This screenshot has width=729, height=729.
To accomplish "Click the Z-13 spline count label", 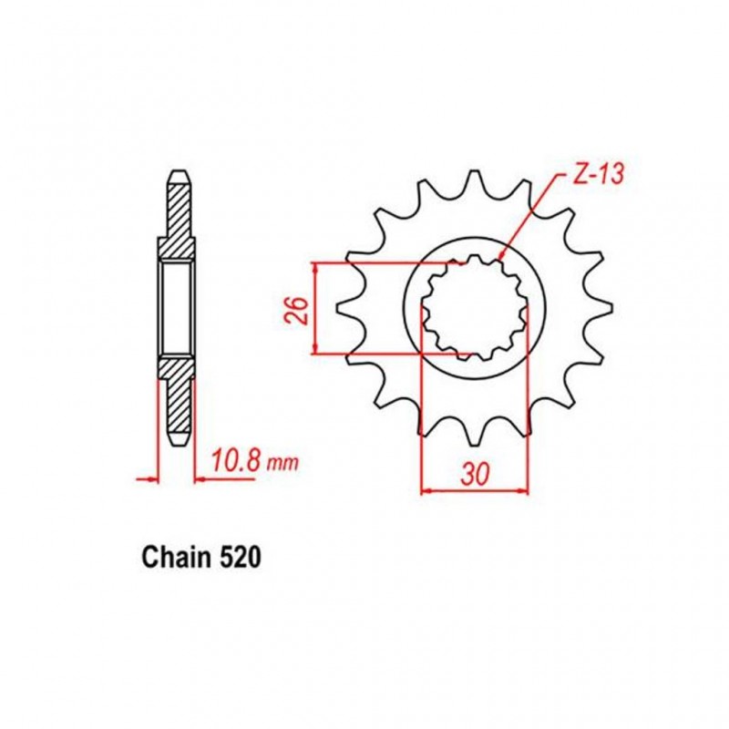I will point(596,176).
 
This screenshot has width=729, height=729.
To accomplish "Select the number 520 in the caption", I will point(239,557).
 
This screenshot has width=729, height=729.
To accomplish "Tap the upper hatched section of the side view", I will point(178,219).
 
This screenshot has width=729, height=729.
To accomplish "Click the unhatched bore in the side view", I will point(178,308).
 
